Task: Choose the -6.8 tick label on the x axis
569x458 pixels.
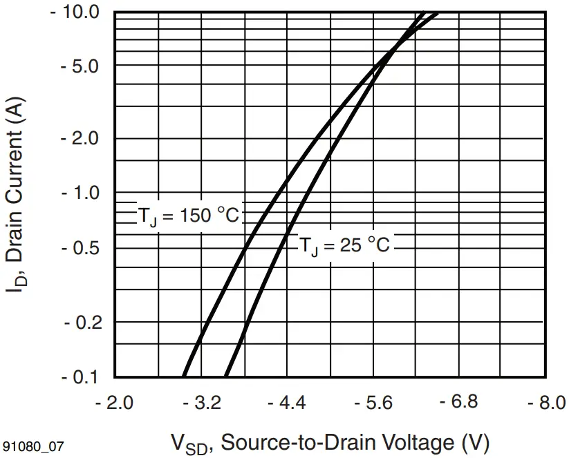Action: click(x=460, y=402)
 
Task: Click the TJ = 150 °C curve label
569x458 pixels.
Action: click(x=187, y=216)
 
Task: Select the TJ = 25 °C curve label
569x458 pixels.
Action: click(x=344, y=245)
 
